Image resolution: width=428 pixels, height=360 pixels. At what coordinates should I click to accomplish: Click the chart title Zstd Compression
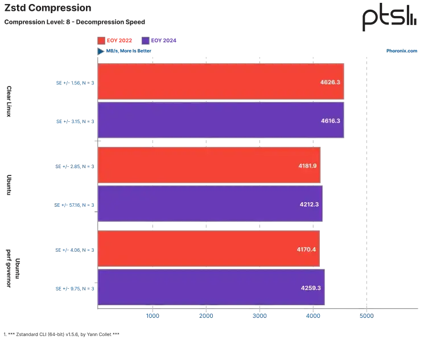click(x=48, y=8)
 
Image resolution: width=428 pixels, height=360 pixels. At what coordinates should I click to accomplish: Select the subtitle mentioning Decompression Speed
click(x=75, y=22)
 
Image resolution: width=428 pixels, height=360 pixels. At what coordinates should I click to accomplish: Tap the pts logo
click(x=389, y=17)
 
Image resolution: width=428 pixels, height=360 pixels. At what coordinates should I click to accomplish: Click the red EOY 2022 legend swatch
click(x=101, y=40)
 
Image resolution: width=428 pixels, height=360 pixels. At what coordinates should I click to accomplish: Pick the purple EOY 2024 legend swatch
click(x=146, y=40)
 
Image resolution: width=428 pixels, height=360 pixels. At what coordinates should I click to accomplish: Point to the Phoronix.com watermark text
click(x=401, y=51)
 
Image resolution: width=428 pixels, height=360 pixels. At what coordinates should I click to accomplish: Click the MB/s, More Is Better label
click(x=129, y=51)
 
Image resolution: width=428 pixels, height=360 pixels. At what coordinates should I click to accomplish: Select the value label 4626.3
click(x=330, y=82)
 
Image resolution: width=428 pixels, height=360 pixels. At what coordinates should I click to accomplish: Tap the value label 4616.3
click(x=330, y=121)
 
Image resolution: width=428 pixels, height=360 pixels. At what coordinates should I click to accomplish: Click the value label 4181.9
click(x=307, y=166)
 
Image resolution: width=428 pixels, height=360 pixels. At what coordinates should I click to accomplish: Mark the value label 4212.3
click(x=309, y=204)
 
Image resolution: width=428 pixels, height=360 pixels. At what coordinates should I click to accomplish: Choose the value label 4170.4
click(x=306, y=249)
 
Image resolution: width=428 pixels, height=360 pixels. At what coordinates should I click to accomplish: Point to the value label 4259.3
click(x=311, y=288)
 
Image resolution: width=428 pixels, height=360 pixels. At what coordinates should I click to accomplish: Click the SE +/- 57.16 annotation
click(x=74, y=205)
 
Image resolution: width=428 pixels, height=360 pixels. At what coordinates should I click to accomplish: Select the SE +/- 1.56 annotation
click(x=75, y=83)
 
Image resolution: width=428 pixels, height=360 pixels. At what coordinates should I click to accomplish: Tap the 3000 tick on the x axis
click(x=260, y=316)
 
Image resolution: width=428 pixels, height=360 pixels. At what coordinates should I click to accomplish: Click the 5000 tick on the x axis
click(x=367, y=316)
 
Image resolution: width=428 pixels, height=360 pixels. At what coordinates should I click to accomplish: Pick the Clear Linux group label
click(x=9, y=101)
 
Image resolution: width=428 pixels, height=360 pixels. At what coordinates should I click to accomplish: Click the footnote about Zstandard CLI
click(x=61, y=334)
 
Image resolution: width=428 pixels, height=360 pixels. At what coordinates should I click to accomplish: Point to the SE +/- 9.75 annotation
click(x=75, y=289)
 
